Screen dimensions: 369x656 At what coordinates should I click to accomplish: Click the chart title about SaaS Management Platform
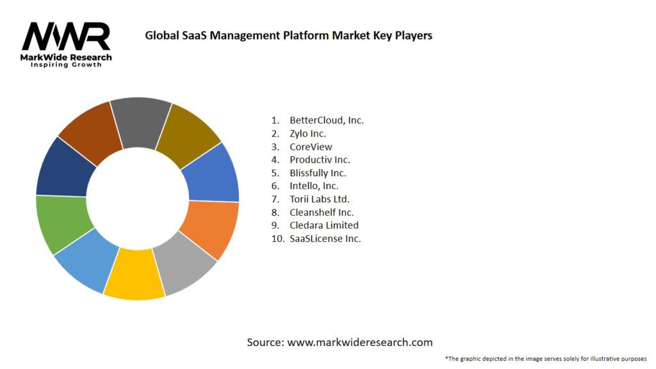pos(288,35)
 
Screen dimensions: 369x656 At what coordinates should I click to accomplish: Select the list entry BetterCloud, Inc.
pos(326,120)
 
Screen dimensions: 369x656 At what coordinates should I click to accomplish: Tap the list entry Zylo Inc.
pos(307,133)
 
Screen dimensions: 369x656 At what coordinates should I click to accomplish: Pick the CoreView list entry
pos(311,147)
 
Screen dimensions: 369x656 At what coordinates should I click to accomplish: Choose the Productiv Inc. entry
pos(320,160)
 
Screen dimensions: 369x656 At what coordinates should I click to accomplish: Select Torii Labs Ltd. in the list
pos(319,199)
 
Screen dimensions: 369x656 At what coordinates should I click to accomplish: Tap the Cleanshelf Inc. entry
pos(322,212)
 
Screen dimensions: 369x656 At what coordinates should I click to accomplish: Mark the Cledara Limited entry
pos(324,225)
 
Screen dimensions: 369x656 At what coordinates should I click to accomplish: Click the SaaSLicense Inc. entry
pos(325,238)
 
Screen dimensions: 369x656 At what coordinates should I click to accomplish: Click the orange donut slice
pos(211,228)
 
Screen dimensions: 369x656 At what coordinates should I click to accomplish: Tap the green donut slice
pos(60,224)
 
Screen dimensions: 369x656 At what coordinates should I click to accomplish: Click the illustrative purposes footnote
pos(545,359)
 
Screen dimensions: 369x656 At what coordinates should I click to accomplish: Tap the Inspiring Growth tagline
pos(66,65)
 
